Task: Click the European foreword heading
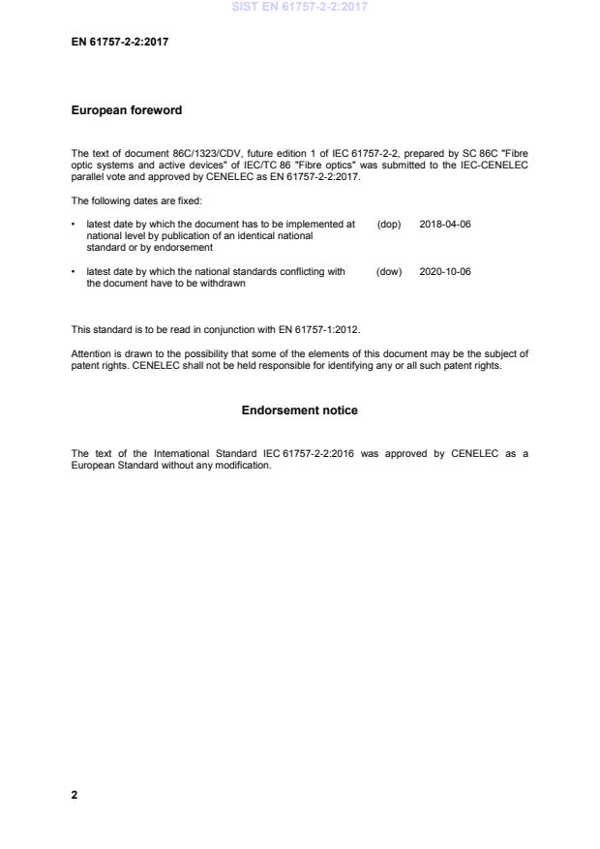coord(127,110)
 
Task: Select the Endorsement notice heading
coord(299,410)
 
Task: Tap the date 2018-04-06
coord(445,224)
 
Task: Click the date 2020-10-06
coord(445,272)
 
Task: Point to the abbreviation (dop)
coord(389,224)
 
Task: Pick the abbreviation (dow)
coord(389,272)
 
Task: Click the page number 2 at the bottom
coord(75,795)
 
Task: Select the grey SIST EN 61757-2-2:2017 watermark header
coord(299,7)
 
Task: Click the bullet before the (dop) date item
coord(75,224)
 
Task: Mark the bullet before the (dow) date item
coord(75,272)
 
